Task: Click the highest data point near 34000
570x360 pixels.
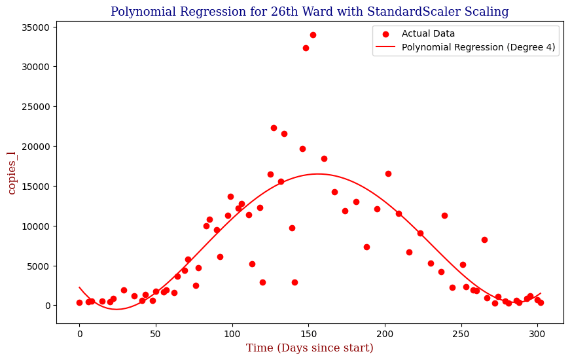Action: coord(313,35)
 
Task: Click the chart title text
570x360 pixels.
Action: coord(310,12)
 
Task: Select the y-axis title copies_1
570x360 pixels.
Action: coord(12,172)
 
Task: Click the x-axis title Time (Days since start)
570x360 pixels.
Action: coord(310,348)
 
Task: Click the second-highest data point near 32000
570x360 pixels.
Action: coord(306,48)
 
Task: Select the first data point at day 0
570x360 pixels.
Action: coord(79,302)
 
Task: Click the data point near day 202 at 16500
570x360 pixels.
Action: coord(388,173)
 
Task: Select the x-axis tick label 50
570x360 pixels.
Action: coord(156,333)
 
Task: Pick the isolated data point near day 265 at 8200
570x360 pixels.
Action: coord(484,240)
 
